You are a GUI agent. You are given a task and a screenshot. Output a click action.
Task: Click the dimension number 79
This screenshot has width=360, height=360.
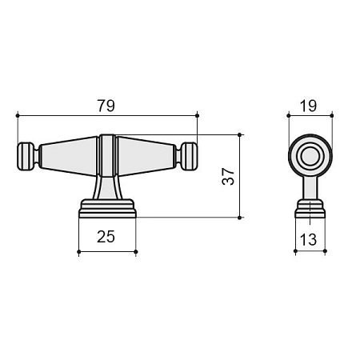(x=106, y=106)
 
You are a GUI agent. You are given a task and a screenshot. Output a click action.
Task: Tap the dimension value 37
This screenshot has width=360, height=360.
(x=228, y=176)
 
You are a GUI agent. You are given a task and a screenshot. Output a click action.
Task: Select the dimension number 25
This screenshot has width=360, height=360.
(x=106, y=236)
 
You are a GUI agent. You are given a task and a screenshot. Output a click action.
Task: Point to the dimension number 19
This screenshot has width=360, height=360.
(x=308, y=106)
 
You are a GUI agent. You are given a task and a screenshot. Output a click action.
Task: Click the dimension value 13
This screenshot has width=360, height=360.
(x=308, y=239)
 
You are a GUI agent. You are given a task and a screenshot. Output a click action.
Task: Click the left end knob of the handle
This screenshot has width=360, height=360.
(x=26, y=156)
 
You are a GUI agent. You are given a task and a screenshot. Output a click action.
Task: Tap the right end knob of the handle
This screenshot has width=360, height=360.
(x=189, y=156)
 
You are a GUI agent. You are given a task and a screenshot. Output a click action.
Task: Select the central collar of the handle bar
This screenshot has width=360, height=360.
(x=108, y=155)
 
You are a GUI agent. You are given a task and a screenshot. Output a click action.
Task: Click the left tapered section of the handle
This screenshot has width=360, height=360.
(x=69, y=156)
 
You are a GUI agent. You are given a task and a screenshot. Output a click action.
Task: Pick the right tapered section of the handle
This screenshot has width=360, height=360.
(x=147, y=156)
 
